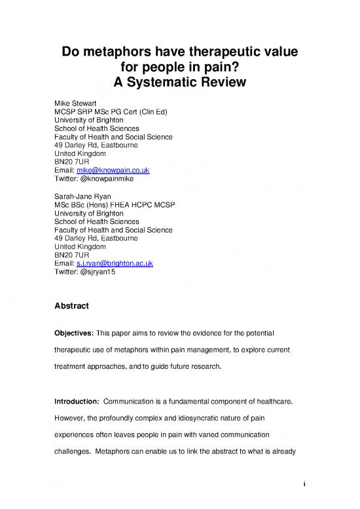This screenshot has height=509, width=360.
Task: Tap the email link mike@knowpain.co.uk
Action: [x=113, y=170]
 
